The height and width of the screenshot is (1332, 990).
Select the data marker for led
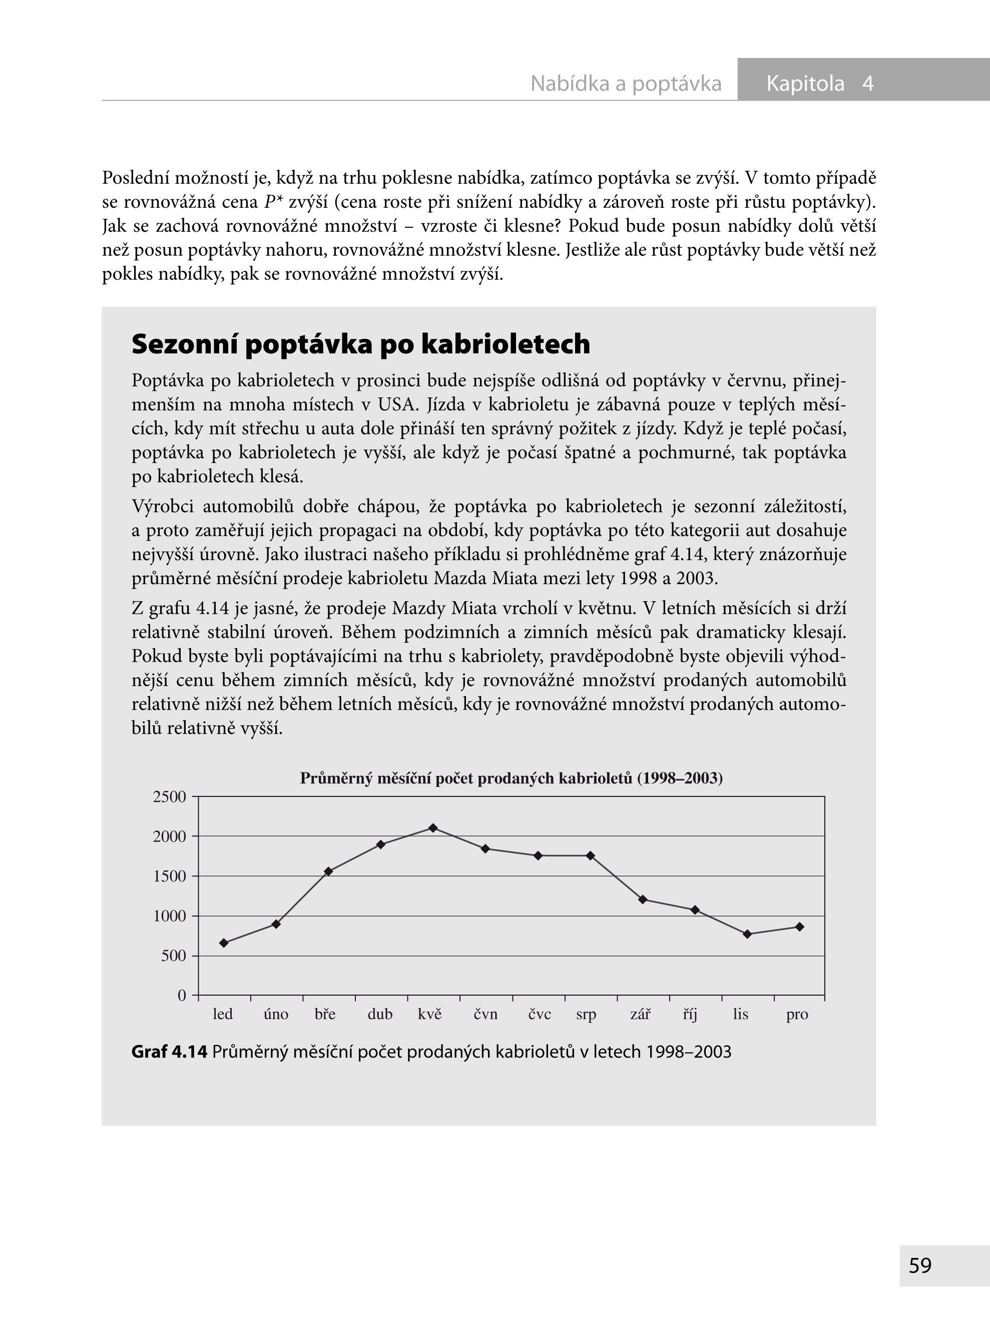224,943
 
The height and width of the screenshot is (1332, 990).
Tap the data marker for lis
747,934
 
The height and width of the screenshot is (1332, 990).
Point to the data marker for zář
643,900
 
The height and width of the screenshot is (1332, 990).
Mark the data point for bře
328,871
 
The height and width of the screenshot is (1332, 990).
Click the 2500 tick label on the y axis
170,797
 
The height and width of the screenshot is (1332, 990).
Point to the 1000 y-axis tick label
170,916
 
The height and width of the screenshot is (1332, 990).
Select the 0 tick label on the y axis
182,996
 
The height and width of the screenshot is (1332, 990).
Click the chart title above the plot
511,778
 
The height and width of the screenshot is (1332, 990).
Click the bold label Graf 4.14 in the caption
169,1052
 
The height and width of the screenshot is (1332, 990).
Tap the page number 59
920,1265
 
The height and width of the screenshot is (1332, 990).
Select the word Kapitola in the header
805,83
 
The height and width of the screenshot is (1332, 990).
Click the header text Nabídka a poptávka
626,83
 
